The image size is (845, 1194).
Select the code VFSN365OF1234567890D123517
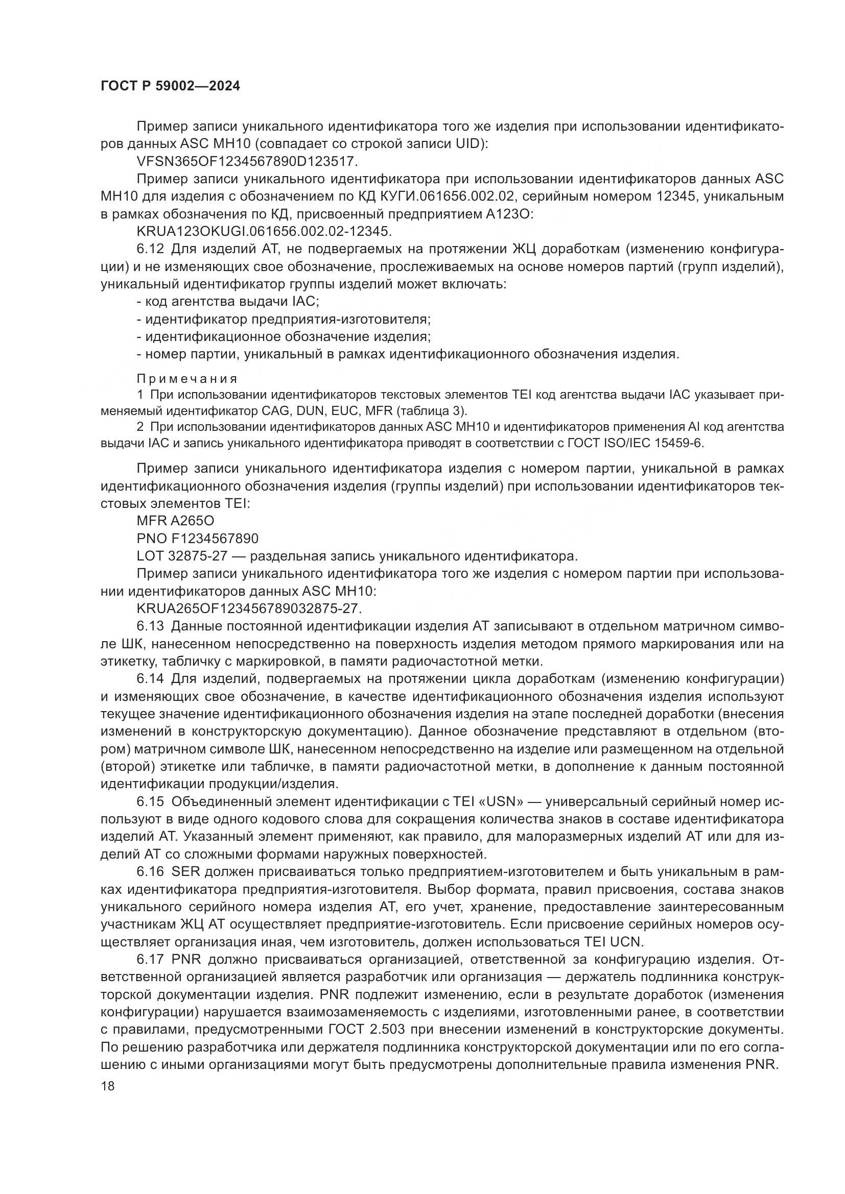pyautogui.click(x=247, y=162)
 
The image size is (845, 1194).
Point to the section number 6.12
pyautogui.click(x=150, y=250)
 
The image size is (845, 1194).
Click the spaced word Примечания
pyautogui.click(x=187, y=379)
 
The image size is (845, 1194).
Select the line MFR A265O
pyautogui.click(x=175, y=521)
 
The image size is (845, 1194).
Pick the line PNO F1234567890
pyautogui.click(x=197, y=538)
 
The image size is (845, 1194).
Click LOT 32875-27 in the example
pyautogui.click(x=182, y=556)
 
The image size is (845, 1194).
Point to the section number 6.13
pyautogui.click(x=150, y=626)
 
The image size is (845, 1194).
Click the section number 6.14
pyautogui.click(x=150, y=678)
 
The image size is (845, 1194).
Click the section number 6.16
pyautogui.click(x=150, y=872)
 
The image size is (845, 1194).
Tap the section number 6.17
pyautogui.click(x=150, y=960)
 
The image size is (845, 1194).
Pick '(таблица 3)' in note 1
pyautogui.click(x=431, y=411)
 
